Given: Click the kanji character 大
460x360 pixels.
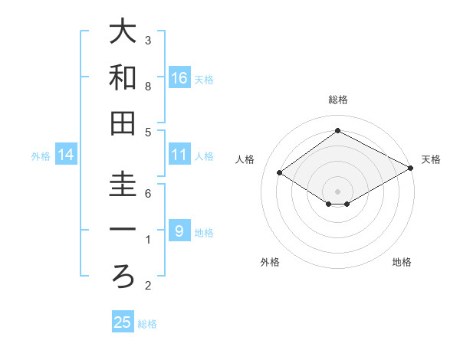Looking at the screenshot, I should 123,31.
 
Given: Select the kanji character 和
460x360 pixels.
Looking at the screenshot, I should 123,77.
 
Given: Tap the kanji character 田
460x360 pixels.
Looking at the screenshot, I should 123,123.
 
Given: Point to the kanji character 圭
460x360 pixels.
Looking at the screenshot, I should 123,184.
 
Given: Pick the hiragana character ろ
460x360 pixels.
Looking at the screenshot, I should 123,277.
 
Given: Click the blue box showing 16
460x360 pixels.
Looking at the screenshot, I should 179,78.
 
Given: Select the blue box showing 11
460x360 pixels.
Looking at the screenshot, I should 179,155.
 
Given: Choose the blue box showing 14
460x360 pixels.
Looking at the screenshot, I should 66,155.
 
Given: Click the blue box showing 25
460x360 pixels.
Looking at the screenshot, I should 123,322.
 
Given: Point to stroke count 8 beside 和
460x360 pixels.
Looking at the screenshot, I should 148,87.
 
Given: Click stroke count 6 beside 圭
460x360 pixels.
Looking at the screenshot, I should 148,194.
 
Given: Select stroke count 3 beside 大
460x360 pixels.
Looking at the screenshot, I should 148,40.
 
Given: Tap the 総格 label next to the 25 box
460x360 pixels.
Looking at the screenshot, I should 147,324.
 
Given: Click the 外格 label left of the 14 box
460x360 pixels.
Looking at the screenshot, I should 41,156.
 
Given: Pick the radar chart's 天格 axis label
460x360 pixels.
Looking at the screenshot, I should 431,159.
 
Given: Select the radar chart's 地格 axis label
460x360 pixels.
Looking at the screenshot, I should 402,262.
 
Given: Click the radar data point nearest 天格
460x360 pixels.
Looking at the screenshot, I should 411,169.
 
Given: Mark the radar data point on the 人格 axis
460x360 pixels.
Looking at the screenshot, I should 280,173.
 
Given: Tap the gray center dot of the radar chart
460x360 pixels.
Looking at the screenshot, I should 337,190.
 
